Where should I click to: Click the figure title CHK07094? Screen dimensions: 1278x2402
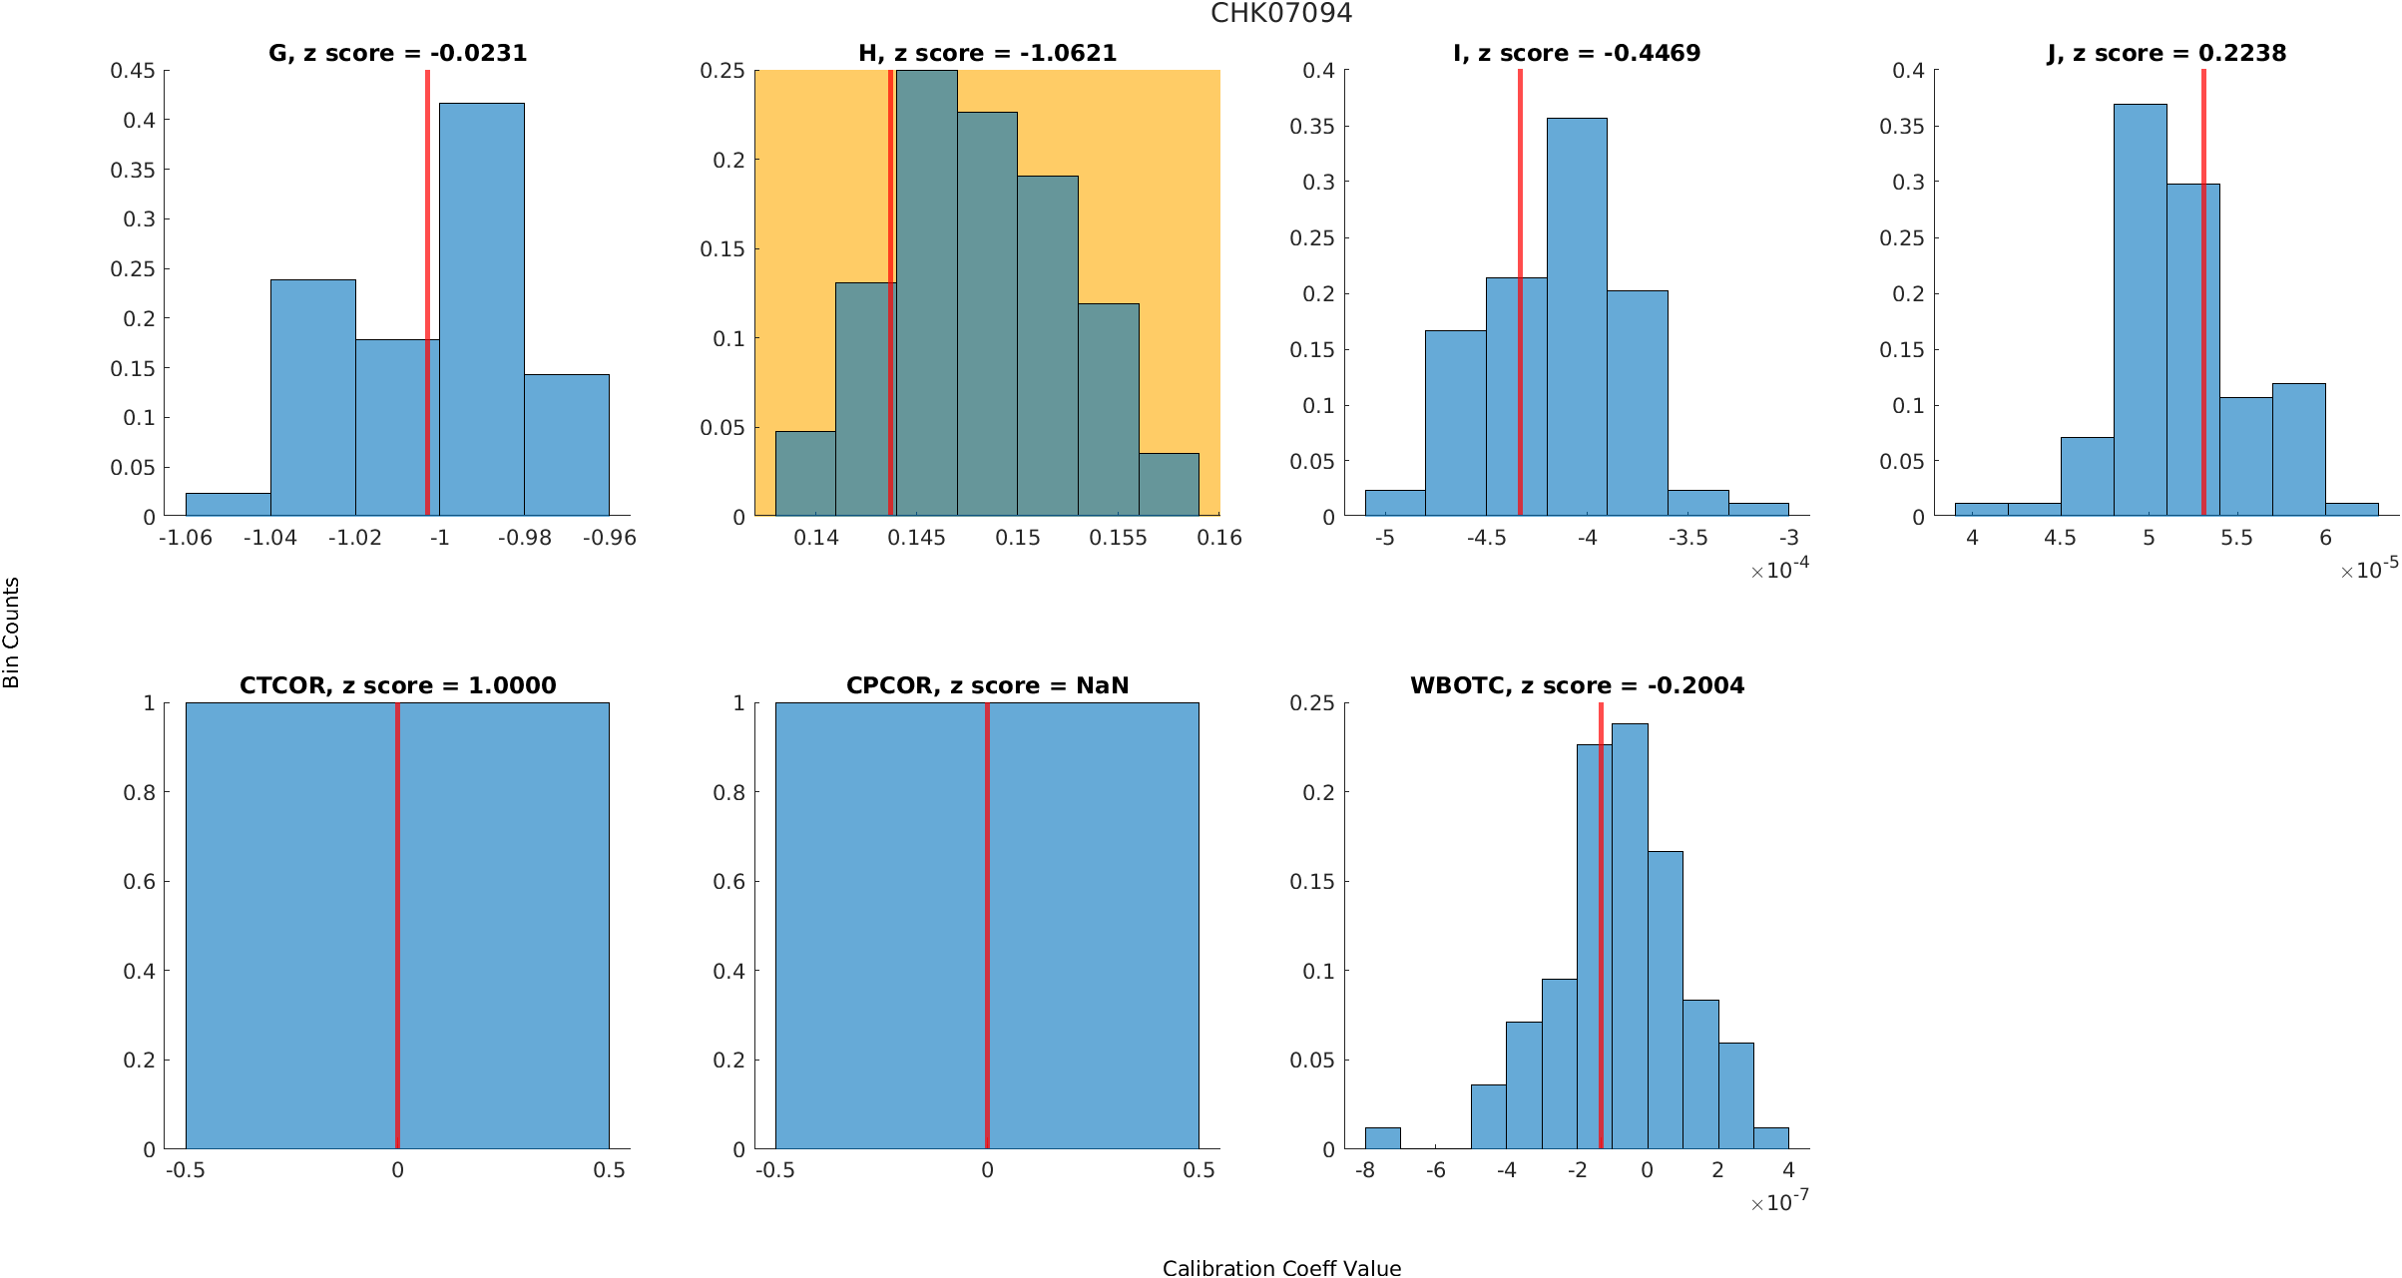pyautogui.click(x=1281, y=13)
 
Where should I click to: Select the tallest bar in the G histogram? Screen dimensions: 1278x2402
pyautogui.click(x=481, y=309)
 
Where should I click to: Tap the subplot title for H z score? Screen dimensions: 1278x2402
pyautogui.click(x=987, y=53)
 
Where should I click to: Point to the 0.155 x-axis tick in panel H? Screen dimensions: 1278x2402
pyautogui.click(x=1118, y=538)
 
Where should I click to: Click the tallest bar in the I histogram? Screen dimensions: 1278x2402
pyautogui.click(x=1577, y=316)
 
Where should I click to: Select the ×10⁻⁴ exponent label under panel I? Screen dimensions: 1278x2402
pyautogui.click(x=1779, y=569)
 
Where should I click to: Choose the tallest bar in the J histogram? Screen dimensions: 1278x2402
pyautogui.click(x=2140, y=309)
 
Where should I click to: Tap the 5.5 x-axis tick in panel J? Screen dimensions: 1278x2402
pyautogui.click(x=2236, y=538)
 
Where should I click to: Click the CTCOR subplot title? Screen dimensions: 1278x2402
pyautogui.click(x=397, y=685)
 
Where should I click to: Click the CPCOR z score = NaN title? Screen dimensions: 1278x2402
pyautogui.click(x=987, y=685)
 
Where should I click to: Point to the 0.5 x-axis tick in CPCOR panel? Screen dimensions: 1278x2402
pyautogui.click(x=1199, y=1170)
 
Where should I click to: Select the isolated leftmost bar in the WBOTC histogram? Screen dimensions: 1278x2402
pyautogui.click(x=1382, y=1138)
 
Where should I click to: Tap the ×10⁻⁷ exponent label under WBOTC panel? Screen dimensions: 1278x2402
pyautogui.click(x=1779, y=1201)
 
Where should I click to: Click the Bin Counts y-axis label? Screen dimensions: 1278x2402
pyautogui.click(x=12, y=633)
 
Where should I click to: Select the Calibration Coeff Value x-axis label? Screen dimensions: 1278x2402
pyautogui.click(x=1281, y=1268)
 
